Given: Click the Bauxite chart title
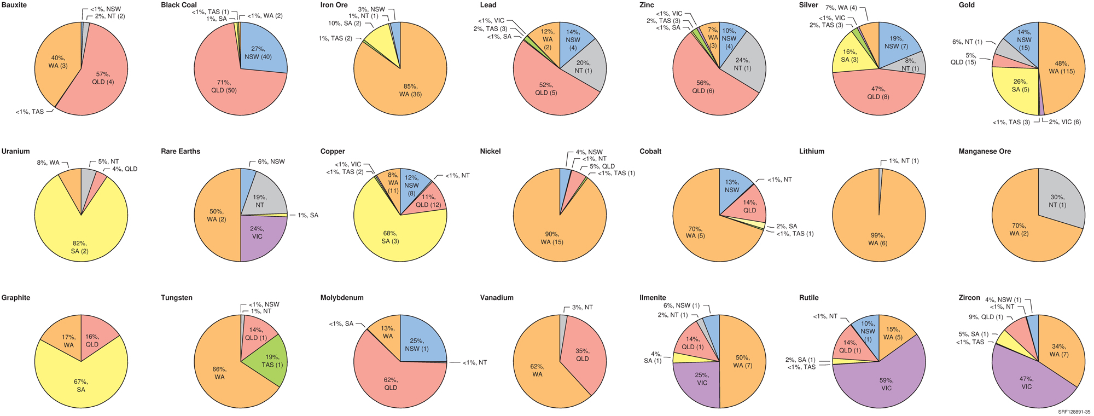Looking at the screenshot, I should click(14, 5).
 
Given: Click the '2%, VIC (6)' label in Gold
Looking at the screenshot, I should click(1064, 122).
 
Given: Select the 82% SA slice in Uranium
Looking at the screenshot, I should click(79, 241).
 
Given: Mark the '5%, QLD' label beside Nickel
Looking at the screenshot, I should click(602, 166).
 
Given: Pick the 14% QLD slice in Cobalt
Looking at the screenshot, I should click(747, 205).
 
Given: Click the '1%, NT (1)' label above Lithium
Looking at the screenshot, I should click(900, 161).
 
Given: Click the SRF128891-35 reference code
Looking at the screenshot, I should click(1074, 412).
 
